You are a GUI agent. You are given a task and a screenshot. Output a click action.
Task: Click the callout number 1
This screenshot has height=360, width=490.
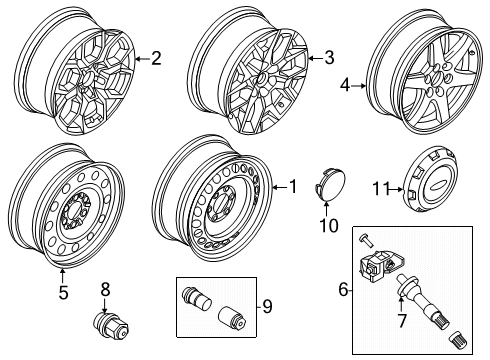292,185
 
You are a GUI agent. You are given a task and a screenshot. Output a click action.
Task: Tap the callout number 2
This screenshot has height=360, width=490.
155,58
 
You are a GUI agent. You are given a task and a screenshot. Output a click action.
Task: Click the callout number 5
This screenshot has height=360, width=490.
62,293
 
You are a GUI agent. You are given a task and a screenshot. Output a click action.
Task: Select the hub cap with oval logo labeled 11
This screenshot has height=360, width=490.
416,186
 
